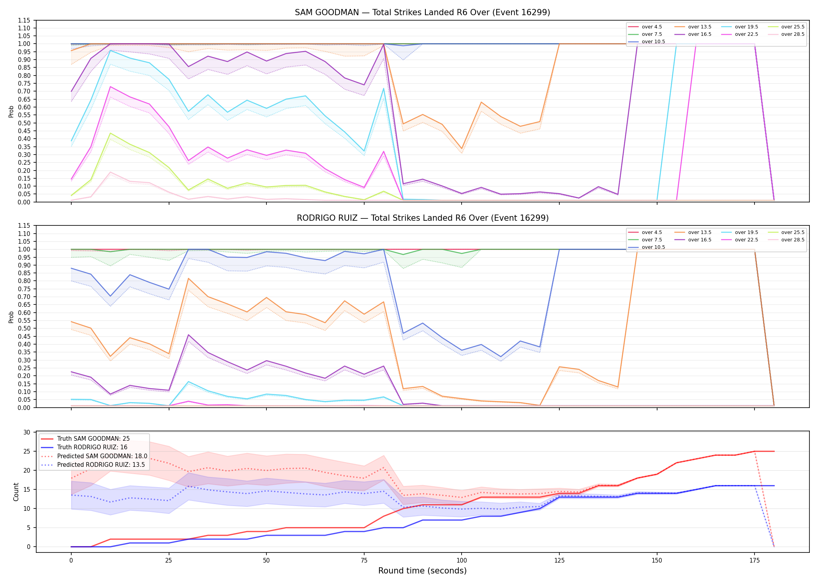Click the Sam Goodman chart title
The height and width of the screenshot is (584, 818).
point(422,12)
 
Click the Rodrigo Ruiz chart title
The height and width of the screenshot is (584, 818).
point(423,218)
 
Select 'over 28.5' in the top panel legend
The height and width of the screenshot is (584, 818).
point(793,34)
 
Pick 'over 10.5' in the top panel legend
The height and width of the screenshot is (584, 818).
point(653,42)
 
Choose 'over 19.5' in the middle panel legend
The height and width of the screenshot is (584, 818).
point(746,232)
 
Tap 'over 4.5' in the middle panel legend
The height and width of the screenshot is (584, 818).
point(652,232)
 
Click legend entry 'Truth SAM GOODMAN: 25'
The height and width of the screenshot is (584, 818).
point(93,439)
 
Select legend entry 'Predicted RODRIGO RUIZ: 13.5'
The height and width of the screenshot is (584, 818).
point(101,465)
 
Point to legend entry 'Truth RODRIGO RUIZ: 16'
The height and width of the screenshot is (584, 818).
point(92,447)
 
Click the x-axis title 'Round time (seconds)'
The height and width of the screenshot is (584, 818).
point(422,571)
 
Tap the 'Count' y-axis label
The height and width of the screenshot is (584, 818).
point(16,492)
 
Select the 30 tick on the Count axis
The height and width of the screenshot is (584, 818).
point(27,433)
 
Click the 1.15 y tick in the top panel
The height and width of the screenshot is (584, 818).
point(24,20)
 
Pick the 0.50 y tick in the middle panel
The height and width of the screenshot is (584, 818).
point(24,329)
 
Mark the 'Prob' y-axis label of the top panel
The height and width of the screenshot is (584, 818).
point(11,111)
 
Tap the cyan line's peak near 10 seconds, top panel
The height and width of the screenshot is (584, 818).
point(111,50)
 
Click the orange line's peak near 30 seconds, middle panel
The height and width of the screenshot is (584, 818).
point(189,278)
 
